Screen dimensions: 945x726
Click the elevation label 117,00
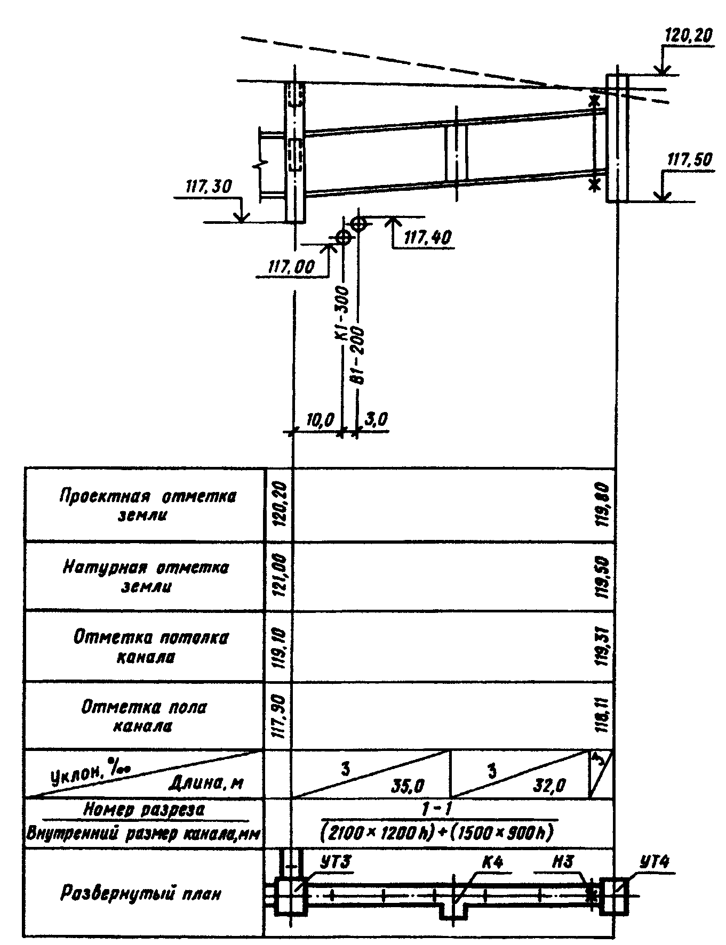click(x=291, y=266)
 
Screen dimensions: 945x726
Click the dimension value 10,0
click(x=320, y=421)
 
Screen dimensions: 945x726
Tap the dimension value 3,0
click(x=376, y=420)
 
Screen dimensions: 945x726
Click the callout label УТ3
click(x=336, y=862)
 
